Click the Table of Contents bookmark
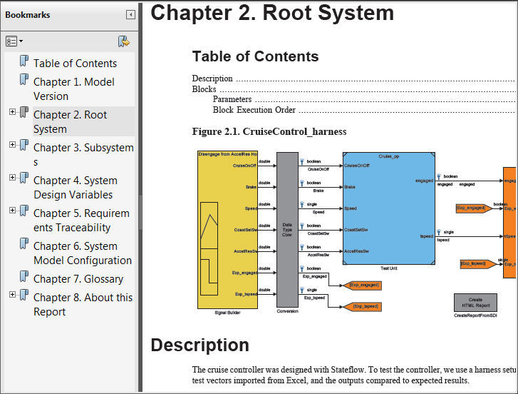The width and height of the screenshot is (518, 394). point(75,63)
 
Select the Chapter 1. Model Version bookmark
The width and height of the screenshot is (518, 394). point(73,89)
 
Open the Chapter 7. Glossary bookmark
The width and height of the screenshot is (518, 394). point(78,278)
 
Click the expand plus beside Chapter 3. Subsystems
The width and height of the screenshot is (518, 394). point(12,145)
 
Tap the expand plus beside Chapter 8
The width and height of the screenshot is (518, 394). point(12,295)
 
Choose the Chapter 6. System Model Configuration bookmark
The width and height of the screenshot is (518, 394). point(82,253)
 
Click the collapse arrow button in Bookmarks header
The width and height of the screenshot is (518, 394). point(130,14)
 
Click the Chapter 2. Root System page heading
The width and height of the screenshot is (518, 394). point(272,13)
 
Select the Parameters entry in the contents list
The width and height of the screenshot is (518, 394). point(232,99)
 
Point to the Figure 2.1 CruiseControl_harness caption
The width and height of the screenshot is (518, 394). point(269,131)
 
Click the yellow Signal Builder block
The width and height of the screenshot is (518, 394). point(227,228)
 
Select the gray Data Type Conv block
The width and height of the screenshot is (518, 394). point(287,228)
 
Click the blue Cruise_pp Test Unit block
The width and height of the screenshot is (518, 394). point(388,207)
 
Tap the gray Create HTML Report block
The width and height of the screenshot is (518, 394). point(475,302)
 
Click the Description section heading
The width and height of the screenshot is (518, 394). point(200,345)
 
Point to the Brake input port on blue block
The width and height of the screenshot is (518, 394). point(350,187)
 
